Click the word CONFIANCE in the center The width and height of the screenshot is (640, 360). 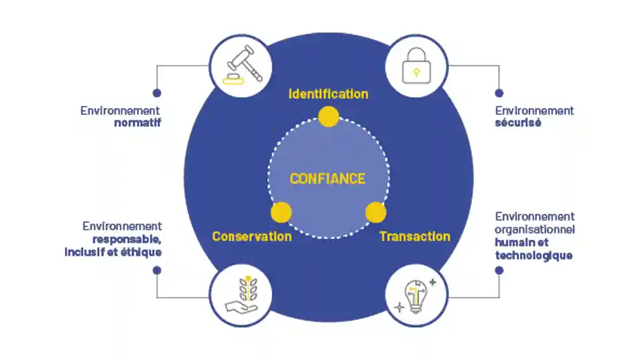click(x=327, y=179)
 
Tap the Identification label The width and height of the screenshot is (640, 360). click(x=328, y=94)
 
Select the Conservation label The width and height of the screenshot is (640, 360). click(x=252, y=237)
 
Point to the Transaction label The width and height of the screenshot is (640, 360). click(x=414, y=237)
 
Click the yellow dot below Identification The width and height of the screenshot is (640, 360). click(x=328, y=117)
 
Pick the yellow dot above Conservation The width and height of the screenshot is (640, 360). click(x=281, y=213)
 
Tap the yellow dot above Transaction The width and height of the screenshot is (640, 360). click(x=375, y=212)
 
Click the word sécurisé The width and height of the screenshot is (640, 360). click(x=518, y=123)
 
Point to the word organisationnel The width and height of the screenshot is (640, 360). click(x=535, y=229)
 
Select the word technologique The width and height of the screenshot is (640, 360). click(x=533, y=255)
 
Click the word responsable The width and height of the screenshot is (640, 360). click(x=127, y=239)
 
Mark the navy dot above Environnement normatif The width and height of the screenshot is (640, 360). click(x=157, y=93)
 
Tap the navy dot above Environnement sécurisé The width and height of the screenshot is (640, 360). click(x=499, y=93)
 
